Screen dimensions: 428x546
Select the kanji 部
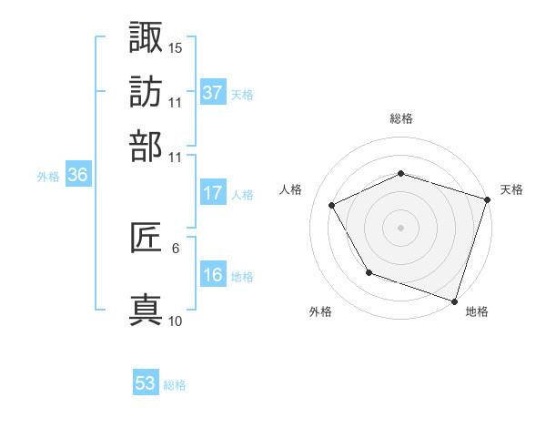(147, 146)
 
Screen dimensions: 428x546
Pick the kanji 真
(147, 310)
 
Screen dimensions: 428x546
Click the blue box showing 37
(213, 93)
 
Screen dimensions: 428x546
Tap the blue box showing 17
(213, 193)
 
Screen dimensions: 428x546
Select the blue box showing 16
(213, 275)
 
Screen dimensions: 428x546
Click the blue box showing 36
(77, 176)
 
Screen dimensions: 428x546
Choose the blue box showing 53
(146, 383)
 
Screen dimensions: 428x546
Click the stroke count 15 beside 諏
(175, 46)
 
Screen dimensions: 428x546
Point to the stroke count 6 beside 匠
(175, 247)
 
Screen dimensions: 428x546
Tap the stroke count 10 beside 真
(175, 321)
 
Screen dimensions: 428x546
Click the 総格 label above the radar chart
(400, 118)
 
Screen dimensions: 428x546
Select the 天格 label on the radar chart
(511, 189)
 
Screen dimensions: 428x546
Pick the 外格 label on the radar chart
(320, 311)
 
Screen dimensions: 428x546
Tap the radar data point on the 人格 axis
(331, 205)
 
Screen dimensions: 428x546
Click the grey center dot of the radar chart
(400, 227)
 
